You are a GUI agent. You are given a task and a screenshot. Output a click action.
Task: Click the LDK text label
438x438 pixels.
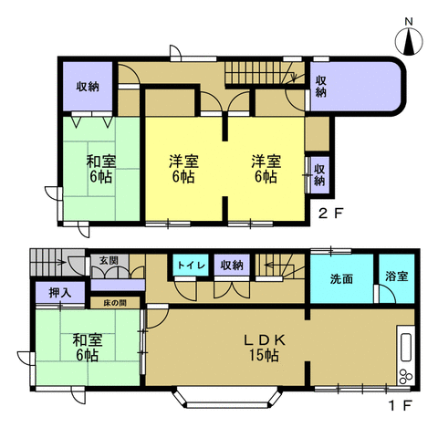click(x=266, y=339)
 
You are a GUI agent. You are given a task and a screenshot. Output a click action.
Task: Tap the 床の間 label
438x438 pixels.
click(x=114, y=301)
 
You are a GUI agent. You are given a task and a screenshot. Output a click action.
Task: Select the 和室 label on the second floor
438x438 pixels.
click(x=101, y=162)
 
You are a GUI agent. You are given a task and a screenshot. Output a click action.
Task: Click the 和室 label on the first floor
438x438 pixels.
click(x=87, y=340)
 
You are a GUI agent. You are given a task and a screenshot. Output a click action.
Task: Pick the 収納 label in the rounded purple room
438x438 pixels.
click(x=321, y=87)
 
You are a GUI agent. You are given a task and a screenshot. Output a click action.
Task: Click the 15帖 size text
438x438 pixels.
click(x=266, y=355)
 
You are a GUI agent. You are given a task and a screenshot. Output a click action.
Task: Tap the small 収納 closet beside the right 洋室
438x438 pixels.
click(x=319, y=173)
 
